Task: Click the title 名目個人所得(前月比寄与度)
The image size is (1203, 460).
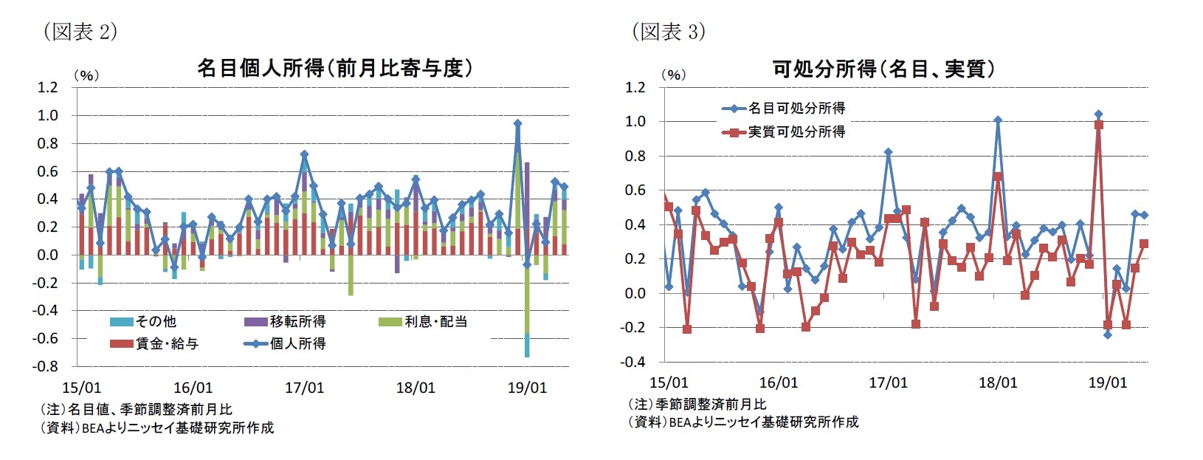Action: [x=334, y=69]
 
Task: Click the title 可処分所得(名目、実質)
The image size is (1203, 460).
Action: [x=883, y=69]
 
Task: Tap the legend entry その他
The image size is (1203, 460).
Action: [x=156, y=321]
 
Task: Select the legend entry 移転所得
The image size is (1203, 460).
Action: [x=297, y=321]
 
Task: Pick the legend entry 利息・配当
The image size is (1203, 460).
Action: [x=435, y=321]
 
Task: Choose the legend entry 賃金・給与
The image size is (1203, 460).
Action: [x=167, y=343]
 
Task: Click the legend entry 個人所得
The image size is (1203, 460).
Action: [x=297, y=343]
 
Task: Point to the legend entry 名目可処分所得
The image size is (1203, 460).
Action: [x=796, y=109]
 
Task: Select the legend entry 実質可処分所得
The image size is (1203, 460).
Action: [x=796, y=131]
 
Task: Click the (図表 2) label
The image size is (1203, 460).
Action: [x=80, y=31]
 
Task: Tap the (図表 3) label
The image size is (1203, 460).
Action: [x=668, y=31]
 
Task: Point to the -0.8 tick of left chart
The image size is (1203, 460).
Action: [x=47, y=366]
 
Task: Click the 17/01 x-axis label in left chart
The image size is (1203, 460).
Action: [x=304, y=388]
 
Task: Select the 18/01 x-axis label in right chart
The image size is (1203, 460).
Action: [x=997, y=382]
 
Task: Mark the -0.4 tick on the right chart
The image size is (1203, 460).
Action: [x=635, y=362]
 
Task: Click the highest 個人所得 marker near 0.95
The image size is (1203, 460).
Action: [x=517, y=124]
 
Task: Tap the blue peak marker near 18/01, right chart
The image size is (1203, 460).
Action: [x=998, y=120]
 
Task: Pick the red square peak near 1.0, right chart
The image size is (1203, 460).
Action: [x=1099, y=126]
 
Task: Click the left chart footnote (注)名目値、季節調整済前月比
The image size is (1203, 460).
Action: [x=136, y=409]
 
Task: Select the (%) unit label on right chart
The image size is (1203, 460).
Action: [x=674, y=75]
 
